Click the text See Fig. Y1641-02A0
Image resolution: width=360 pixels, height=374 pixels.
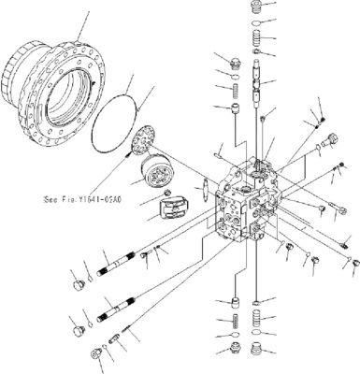[x=88, y=198]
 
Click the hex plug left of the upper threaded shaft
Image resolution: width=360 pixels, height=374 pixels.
[x=78, y=280]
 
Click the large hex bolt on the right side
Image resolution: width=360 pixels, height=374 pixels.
[x=324, y=144]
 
